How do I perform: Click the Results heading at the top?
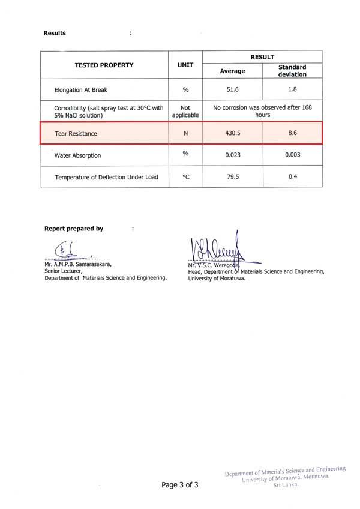pyautogui.click(x=55, y=33)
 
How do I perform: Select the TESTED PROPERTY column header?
pyautogui.click(x=104, y=65)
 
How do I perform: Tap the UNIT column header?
pyautogui.click(x=185, y=65)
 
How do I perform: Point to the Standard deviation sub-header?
pyautogui.click(x=292, y=71)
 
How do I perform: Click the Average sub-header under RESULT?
pyautogui.click(x=232, y=71)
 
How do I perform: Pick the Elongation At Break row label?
pyautogui.click(x=81, y=90)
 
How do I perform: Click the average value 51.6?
pyautogui.click(x=232, y=90)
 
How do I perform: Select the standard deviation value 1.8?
pyautogui.click(x=293, y=90)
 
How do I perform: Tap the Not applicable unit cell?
pyautogui.click(x=185, y=111)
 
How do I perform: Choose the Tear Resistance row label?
pyautogui.click(x=76, y=133)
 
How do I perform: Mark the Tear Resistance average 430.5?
pyautogui.click(x=232, y=133)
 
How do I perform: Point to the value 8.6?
pyautogui.click(x=293, y=133)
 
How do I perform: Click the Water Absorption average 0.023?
pyautogui.click(x=232, y=155)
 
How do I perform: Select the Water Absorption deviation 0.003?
pyautogui.click(x=293, y=155)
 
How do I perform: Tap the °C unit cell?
pyautogui.click(x=185, y=177)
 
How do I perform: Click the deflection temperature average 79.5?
pyautogui.click(x=232, y=177)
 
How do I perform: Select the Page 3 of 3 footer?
pyautogui.click(x=179, y=485)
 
